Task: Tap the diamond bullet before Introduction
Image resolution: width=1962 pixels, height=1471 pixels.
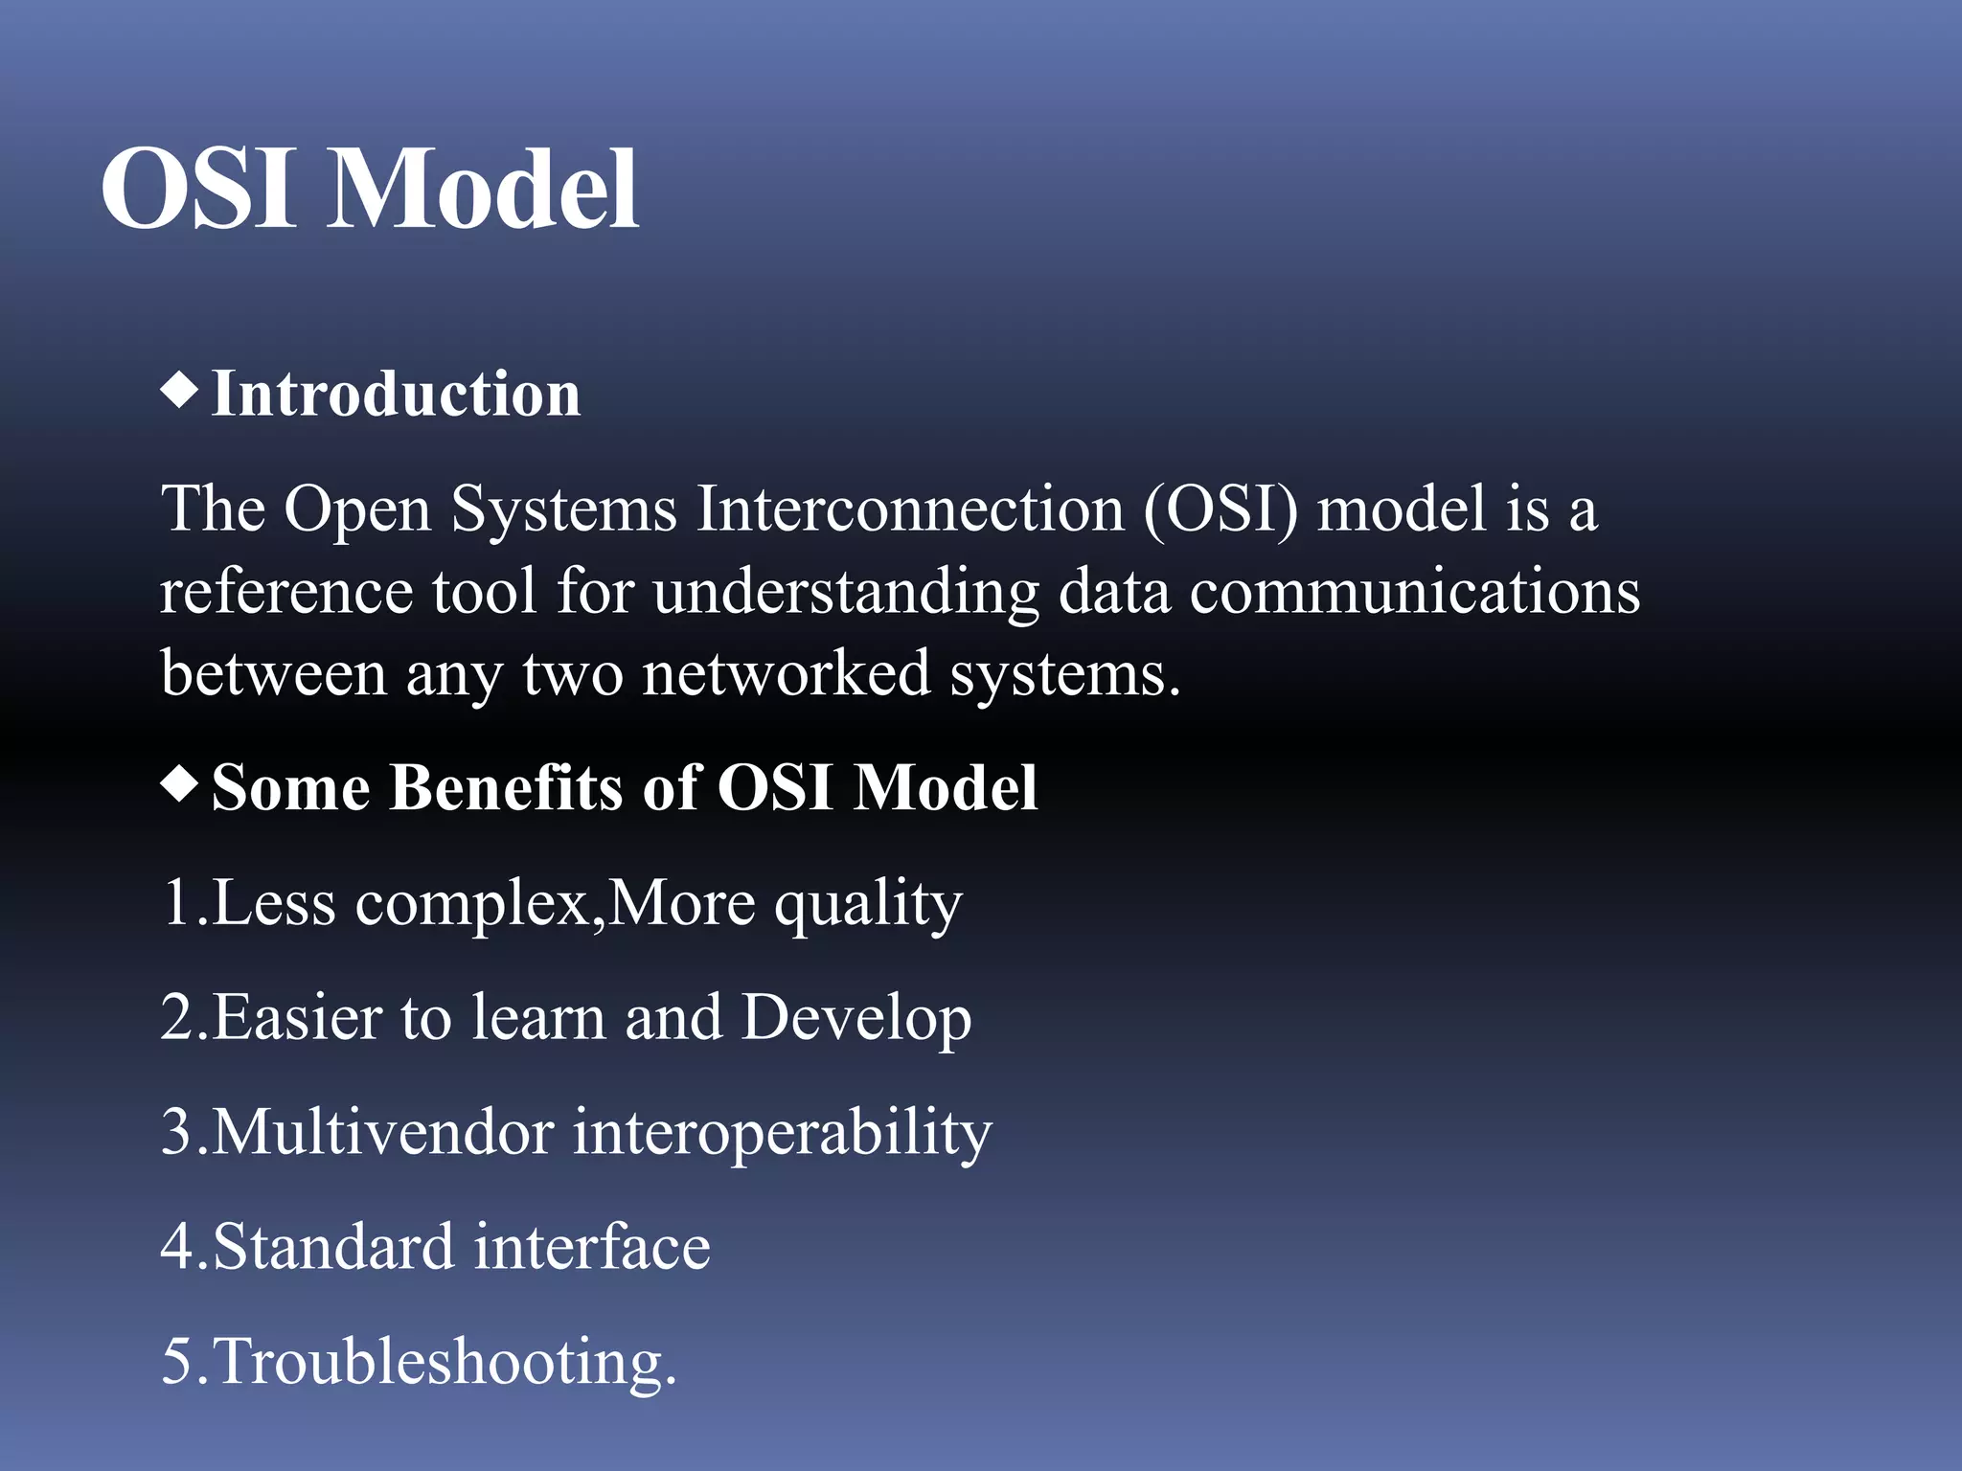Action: (x=179, y=391)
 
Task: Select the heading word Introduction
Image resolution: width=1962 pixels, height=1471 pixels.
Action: (x=396, y=394)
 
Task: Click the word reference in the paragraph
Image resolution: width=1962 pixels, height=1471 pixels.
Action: (x=285, y=591)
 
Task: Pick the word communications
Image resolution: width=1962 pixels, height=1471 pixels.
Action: (x=1414, y=591)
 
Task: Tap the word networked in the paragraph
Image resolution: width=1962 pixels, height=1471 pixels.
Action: (x=786, y=673)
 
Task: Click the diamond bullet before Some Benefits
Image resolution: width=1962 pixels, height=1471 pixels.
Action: (x=179, y=784)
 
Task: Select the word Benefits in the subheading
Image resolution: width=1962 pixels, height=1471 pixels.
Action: (x=506, y=787)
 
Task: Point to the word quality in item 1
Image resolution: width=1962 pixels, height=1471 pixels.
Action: (x=867, y=903)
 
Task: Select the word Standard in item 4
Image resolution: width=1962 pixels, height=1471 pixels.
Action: (x=332, y=1246)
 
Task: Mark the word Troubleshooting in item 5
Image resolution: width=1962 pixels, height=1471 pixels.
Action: (x=436, y=1361)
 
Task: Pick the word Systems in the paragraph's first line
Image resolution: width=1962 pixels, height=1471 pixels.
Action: (x=563, y=509)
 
